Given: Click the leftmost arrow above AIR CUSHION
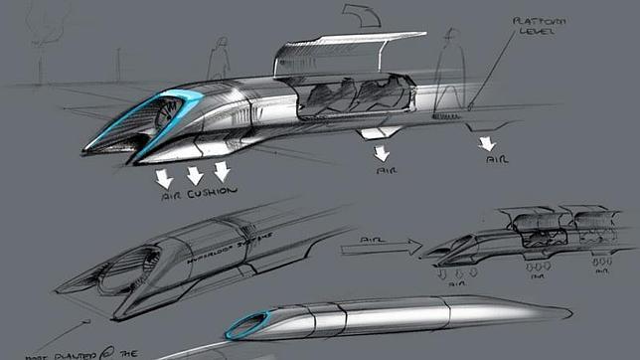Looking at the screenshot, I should pyautogui.click(x=164, y=178).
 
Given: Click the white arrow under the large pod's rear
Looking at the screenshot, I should pyautogui.click(x=487, y=145).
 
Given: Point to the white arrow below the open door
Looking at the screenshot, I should pyautogui.click(x=381, y=153).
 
